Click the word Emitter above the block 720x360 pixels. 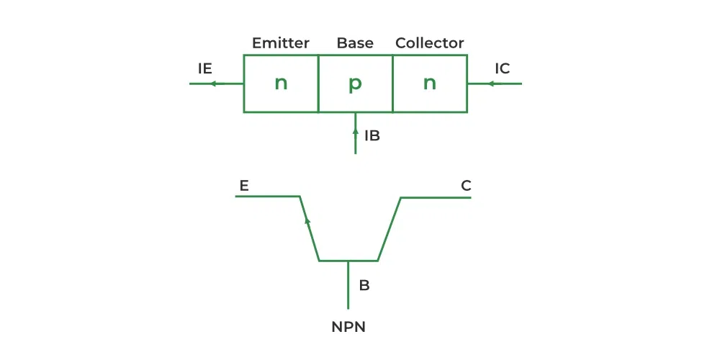click(x=280, y=43)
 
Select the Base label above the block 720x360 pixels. click(x=355, y=43)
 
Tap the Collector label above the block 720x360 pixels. click(x=430, y=43)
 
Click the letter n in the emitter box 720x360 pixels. click(x=281, y=84)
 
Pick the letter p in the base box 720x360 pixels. click(x=355, y=84)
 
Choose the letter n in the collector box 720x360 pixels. click(x=430, y=84)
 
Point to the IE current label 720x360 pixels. click(x=205, y=68)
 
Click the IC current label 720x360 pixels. click(x=503, y=68)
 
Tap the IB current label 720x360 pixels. click(x=372, y=135)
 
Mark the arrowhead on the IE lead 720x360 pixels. click(x=213, y=84)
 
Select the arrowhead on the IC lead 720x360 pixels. click(x=491, y=84)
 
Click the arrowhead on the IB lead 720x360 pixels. click(x=356, y=132)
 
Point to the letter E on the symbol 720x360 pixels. click(x=244, y=186)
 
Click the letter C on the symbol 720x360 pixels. click(x=466, y=186)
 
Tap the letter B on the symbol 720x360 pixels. click(x=364, y=285)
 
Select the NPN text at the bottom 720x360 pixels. click(x=348, y=327)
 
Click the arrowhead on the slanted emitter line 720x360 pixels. click(x=307, y=220)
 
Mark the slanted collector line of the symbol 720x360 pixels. click(x=390, y=228)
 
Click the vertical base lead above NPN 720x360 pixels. click(x=348, y=284)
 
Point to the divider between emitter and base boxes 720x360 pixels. click(x=318, y=84)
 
